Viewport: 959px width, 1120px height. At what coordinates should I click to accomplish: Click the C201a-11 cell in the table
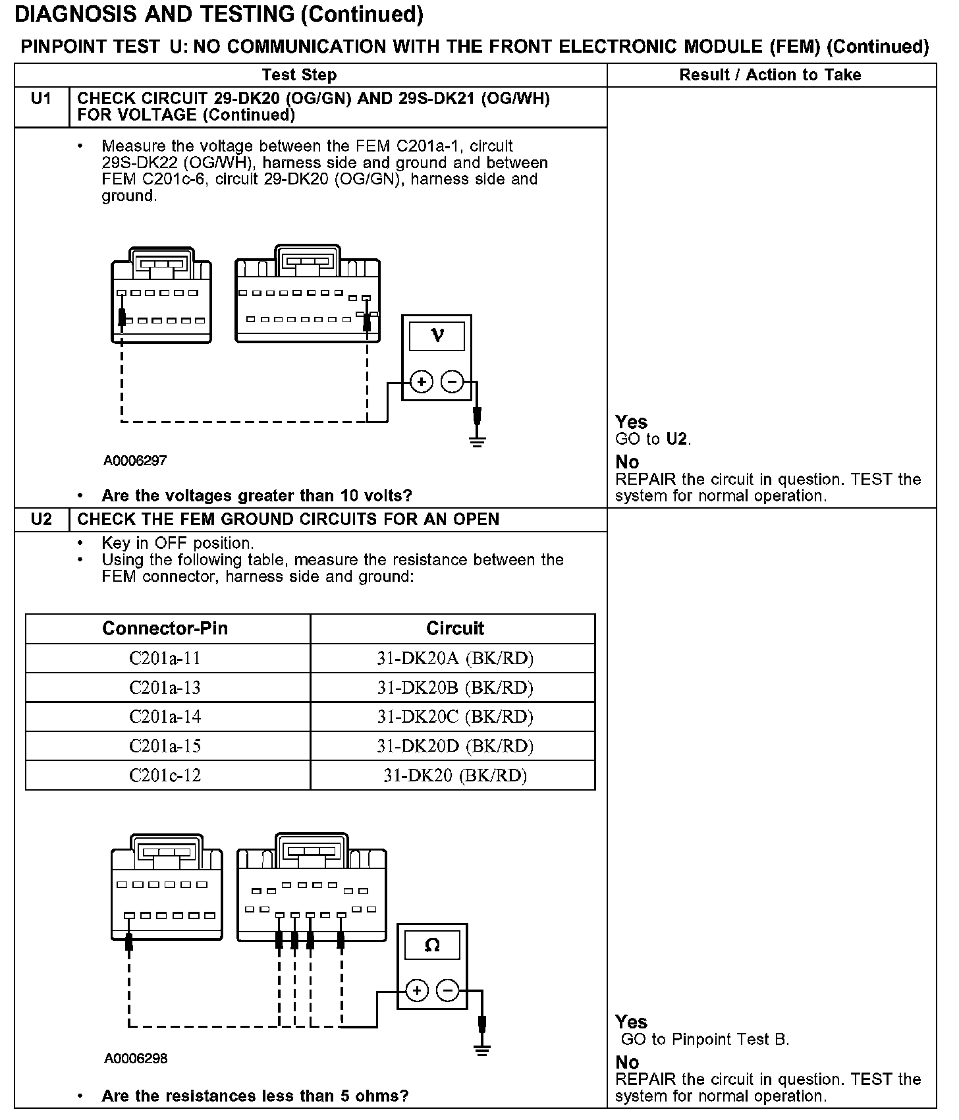click(165, 658)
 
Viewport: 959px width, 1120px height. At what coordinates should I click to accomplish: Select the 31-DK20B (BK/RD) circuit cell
click(454, 687)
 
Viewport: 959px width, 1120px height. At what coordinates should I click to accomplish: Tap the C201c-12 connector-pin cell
click(165, 775)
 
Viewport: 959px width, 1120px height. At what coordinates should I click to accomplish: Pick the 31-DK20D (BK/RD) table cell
click(454, 746)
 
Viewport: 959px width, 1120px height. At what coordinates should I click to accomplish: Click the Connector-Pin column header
click(165, 629)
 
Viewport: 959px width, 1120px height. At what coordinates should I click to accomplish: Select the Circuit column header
click(454, 629)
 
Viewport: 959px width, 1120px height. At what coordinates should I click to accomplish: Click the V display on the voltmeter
click(437, 336)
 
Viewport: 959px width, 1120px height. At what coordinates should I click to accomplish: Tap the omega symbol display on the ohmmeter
click(432, 946)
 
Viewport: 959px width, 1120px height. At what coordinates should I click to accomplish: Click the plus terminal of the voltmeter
click(421, 381)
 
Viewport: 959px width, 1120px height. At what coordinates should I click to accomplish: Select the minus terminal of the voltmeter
click(452, 381)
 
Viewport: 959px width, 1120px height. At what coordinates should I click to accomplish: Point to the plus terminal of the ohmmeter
click(417, 990)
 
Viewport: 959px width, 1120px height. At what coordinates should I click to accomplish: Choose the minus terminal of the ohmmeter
click(447, 990)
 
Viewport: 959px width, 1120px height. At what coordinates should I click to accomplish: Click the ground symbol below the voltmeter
click(478, 441)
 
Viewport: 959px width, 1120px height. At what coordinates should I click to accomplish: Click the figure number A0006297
click(135, 461)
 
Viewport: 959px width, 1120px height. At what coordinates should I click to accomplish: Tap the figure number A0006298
click(136, 1059)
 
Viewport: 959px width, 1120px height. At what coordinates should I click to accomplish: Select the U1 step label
click(41, 99)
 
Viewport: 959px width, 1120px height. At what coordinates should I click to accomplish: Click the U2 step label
click(41, 519)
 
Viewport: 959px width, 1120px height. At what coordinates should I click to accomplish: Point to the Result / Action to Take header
click(770, 75)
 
